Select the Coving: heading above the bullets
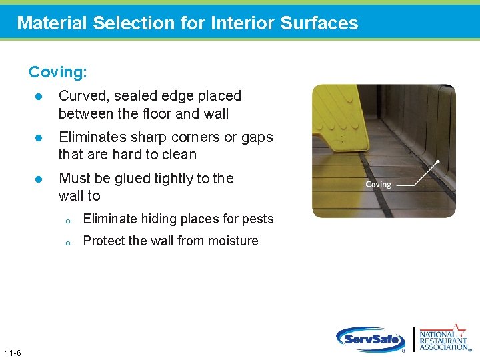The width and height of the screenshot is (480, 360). pos(58,71)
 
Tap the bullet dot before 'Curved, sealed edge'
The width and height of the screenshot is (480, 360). pos(39,97)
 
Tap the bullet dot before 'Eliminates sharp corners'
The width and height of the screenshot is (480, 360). pos(39,138)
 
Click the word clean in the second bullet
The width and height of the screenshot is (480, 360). pos(179,155)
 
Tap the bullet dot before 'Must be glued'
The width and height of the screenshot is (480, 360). pos(39,179)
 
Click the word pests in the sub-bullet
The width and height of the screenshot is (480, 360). pos(258,219)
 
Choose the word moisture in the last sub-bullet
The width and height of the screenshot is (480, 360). pos(233,241)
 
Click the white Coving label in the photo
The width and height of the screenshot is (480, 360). pos(378,185)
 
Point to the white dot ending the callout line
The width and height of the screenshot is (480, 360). pos(438,162)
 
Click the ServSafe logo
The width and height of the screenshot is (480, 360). pos(371,339)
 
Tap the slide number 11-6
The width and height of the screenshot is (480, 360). pos(12,353)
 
